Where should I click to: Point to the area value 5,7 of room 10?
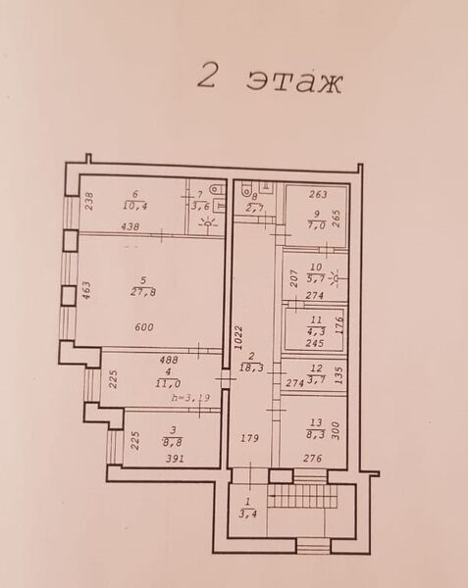[x=316, y=279]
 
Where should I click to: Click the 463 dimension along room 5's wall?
[x=86, y=291]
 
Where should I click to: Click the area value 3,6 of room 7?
[x=202, y=206]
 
